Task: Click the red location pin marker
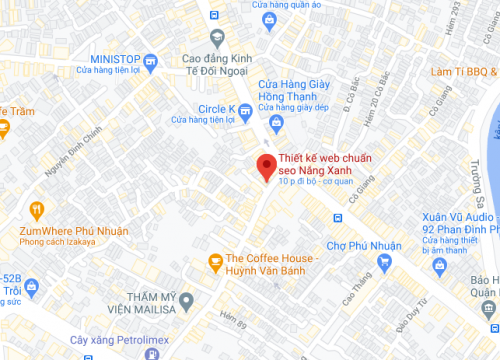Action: click(x=265, y=168)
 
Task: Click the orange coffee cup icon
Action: click(x=214, y=262)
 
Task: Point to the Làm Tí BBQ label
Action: click(x=463, y=71)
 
